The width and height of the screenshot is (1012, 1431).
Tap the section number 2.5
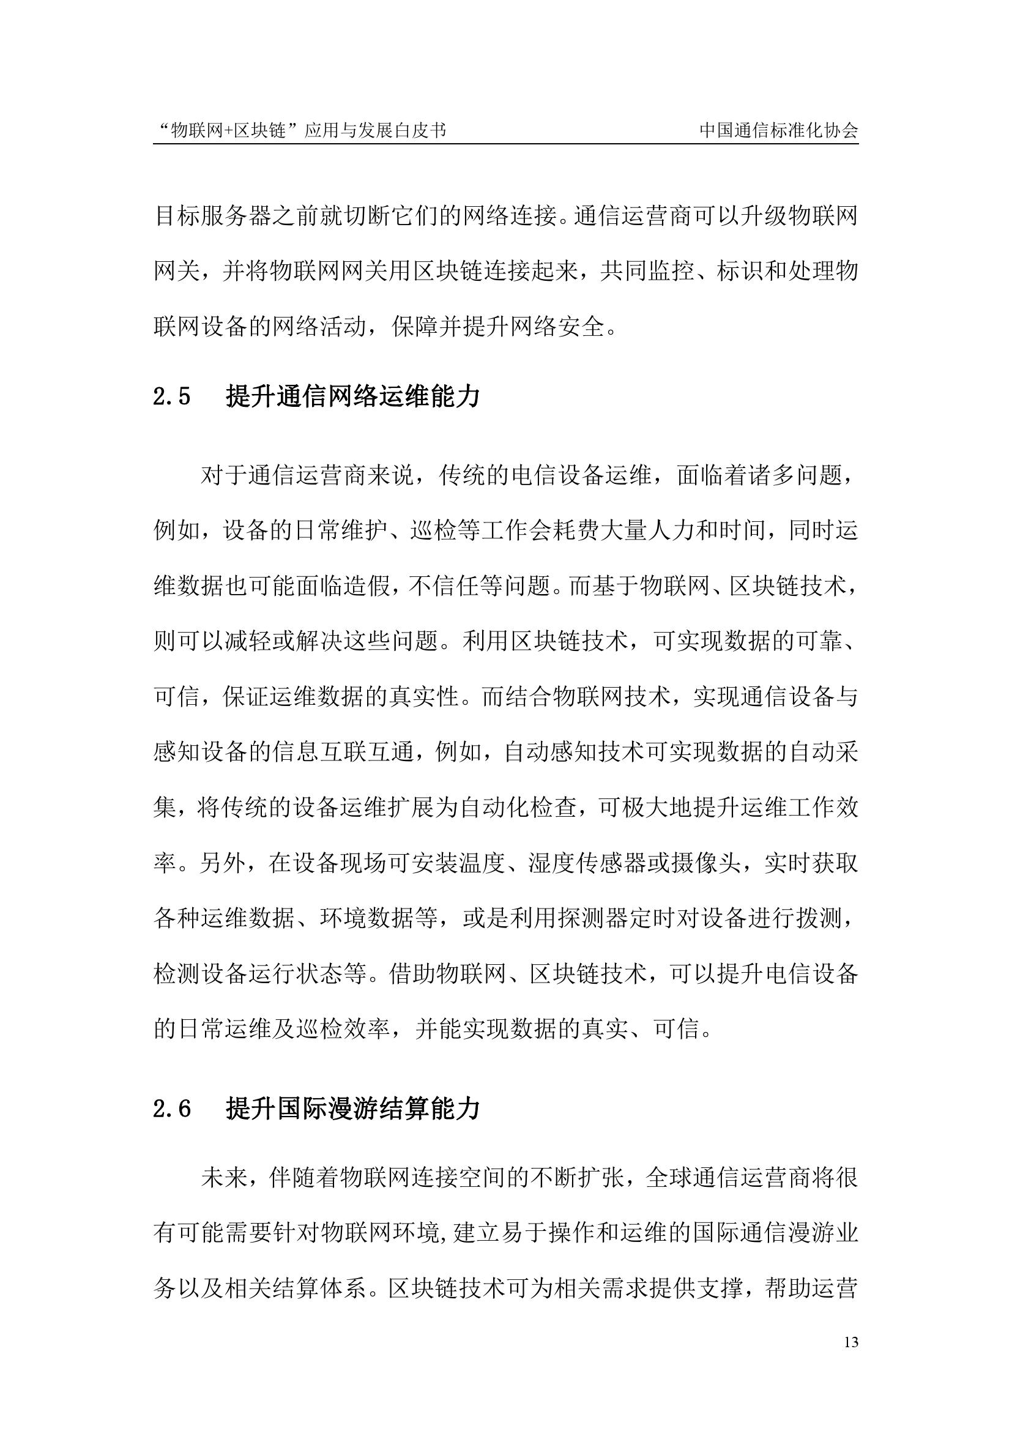171,397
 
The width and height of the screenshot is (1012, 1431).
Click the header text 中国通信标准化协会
779,130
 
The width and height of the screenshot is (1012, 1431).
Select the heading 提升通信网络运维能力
352,396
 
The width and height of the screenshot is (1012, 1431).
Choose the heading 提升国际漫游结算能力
352,1109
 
